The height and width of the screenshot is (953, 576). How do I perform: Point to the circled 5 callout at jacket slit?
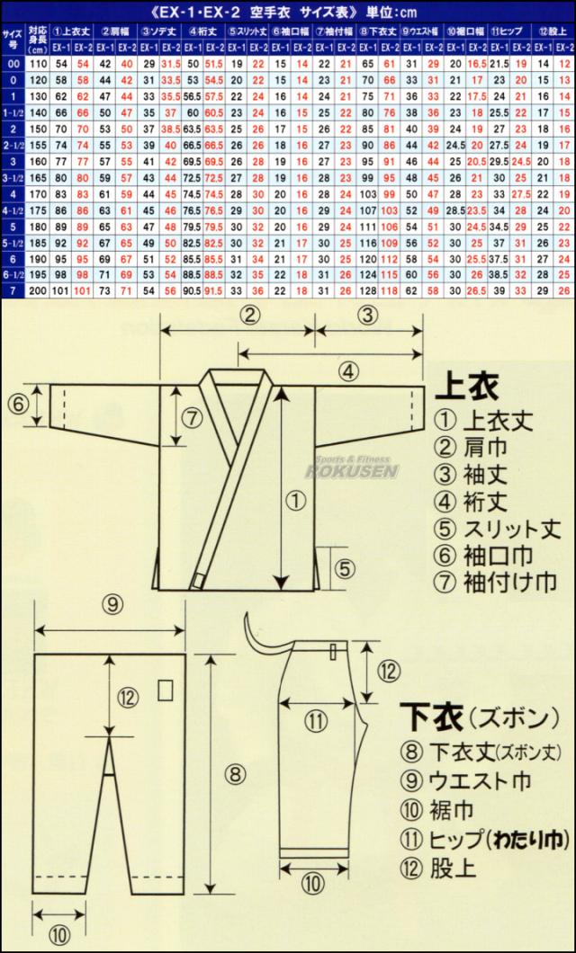point(346,567)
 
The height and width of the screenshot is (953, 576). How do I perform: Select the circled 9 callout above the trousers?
point(112,604)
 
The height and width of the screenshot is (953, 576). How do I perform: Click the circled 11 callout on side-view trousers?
point(313,720)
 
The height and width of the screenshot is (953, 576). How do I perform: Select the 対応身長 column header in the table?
point(37,38)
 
